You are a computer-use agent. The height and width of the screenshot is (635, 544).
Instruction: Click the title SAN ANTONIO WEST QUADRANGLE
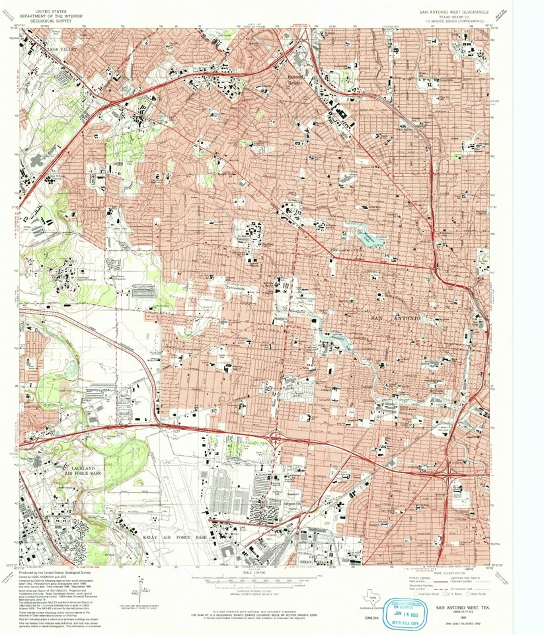click(453, 12)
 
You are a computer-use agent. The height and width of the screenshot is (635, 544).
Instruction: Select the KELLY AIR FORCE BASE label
click(175, 538)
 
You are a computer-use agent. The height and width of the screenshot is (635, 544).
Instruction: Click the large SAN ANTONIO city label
click(397, 319)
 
